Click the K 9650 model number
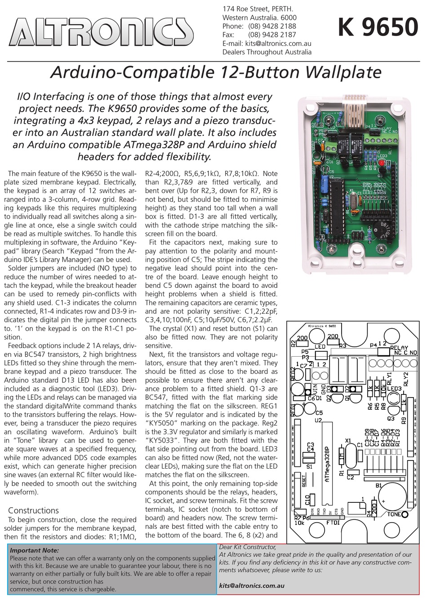(378, 27)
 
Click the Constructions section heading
(33, 510)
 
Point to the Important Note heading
(34, 550)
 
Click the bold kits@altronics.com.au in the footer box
(251, 586)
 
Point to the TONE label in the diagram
(394, 514)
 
